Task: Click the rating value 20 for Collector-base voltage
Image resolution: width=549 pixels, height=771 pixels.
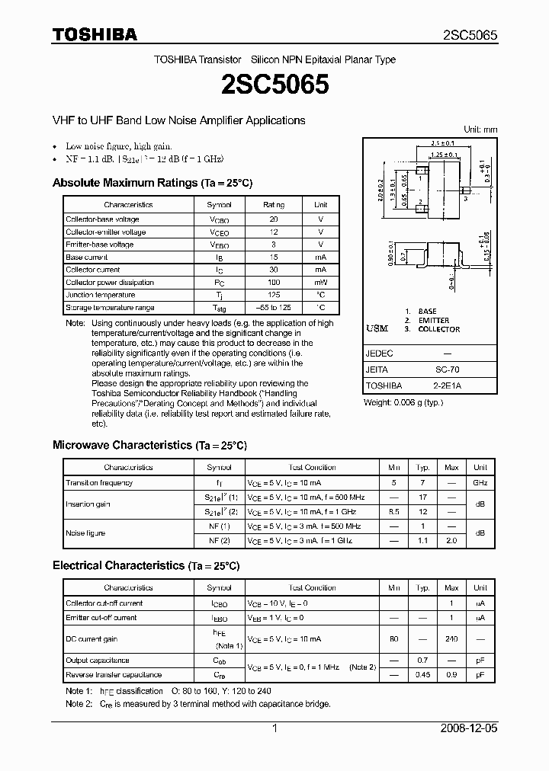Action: (274, 219)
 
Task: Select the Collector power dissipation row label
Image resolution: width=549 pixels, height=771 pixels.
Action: (110, 283)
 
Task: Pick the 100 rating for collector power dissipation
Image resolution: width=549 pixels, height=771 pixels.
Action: (274, 283)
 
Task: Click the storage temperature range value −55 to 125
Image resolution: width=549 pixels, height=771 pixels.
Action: (274, 308)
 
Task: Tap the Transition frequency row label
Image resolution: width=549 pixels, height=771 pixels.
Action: (99, 482)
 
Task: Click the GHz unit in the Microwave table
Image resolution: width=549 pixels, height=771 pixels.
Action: (480, 482)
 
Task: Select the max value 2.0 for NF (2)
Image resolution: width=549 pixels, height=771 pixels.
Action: (451, 539)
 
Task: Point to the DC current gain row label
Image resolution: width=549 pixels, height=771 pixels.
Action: (91, 639)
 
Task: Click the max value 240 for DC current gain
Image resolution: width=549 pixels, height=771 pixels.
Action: (451, 639)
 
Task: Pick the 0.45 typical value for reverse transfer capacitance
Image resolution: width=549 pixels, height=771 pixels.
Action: (422, 674)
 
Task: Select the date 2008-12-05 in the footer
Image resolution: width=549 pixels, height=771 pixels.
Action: (469, 728)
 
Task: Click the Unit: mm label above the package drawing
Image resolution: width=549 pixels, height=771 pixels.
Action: (480, 130)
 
